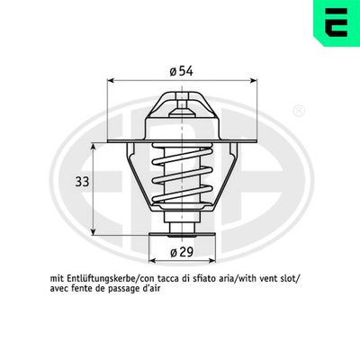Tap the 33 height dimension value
click(81, 181)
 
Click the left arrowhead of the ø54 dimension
click(112, 80)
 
